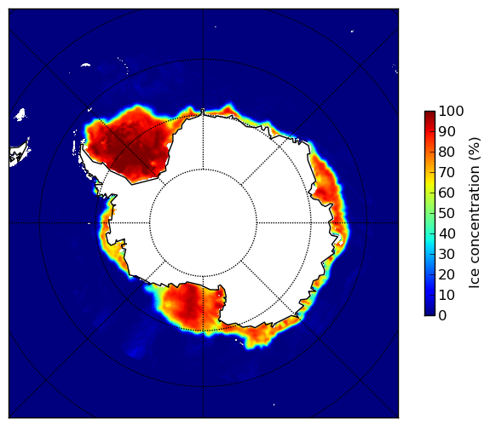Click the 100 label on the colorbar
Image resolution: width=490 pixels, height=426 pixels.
pyautogui.click(x=451, y=111)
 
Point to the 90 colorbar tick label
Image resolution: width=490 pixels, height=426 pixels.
pyautogui.click(x=447, y=131)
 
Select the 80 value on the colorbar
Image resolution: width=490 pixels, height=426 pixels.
pyautogui.click(x=447, y=152)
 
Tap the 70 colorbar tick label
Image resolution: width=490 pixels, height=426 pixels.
pyautogui.click(x=447, y=172)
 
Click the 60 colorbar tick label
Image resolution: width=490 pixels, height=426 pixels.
pyautogui.click(x=447, y=193)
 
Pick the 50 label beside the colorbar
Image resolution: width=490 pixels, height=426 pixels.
pyautogui.click(x=447, y=213)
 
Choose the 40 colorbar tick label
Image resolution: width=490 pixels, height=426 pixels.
pyautogui.click(x=447, y=233)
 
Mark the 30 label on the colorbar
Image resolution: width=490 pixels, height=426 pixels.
pyautogui.click(x=447, y=254)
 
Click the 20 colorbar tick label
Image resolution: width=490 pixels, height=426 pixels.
pyautogui.click(x=447, y=274)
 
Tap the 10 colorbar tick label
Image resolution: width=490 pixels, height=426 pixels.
pyautogui.click(x=447, y=295)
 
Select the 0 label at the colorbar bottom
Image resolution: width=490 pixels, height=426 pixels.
pyautogui.click(x=443, y=316)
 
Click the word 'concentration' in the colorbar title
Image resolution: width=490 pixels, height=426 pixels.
pyautogui.click(x=474, y=217)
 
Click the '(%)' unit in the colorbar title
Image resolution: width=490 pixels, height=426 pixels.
pyautogui.click(x=474, y=149)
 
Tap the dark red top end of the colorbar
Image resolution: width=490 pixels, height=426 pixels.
pyautogui.click(x=429, y=113)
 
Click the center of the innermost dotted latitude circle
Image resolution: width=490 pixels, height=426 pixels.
pyautogui.click(x=203, y=222)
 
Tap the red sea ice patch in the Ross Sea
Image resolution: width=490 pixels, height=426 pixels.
pyautogui.click(x=187, y=308)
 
